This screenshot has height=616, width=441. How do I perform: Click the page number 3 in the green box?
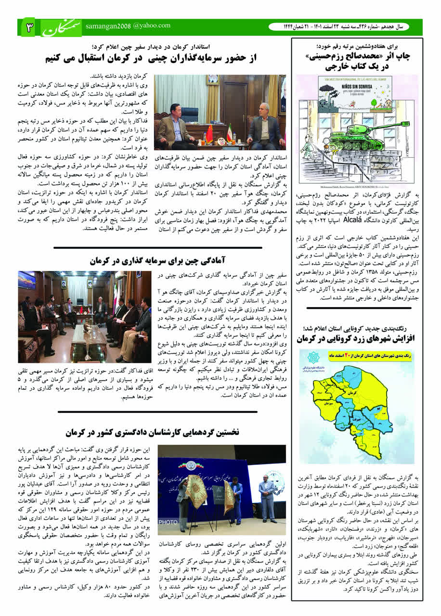[x=29, y=28]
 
